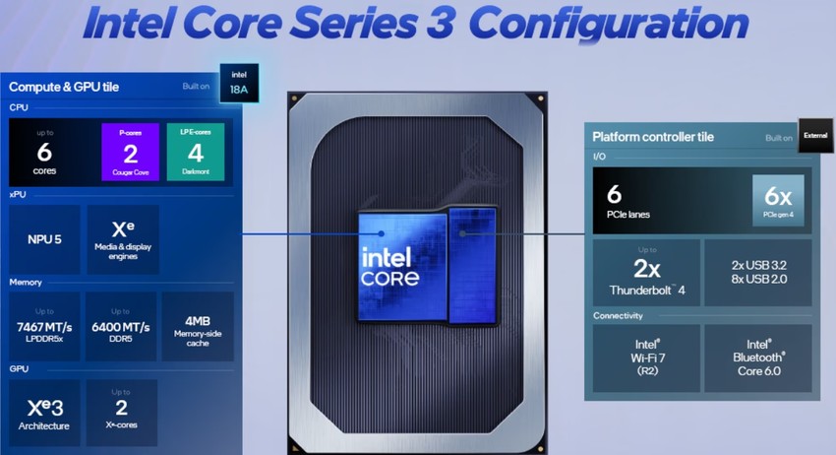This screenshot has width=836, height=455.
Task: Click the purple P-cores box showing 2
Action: coord(131,152)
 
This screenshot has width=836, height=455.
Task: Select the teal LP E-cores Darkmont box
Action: coord(196,152)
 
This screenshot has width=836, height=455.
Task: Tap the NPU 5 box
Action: coord(44,239)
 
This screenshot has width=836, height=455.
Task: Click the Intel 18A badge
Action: coord(239,82)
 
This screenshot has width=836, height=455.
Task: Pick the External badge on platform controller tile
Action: coord(815,136)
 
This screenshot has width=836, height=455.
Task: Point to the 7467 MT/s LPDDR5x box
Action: coord(44,325)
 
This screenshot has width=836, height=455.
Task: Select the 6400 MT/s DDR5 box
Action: coord(120,325)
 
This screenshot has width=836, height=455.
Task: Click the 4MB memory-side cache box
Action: coord(197,325)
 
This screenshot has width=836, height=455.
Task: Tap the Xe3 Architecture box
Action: coord(44,411)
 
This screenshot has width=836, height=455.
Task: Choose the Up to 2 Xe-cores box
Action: coord(120,411)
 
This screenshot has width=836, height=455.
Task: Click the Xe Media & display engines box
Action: coord(122,239)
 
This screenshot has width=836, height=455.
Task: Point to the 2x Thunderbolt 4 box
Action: coord(646,271)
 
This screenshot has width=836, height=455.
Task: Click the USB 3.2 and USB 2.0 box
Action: coord(757,271)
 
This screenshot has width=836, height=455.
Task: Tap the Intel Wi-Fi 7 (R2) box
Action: coord(646,357)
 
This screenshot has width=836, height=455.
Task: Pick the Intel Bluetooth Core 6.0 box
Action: coord(757,357)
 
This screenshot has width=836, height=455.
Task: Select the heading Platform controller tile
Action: coord(652,137)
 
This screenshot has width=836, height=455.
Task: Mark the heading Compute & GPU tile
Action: coord(64,87)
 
